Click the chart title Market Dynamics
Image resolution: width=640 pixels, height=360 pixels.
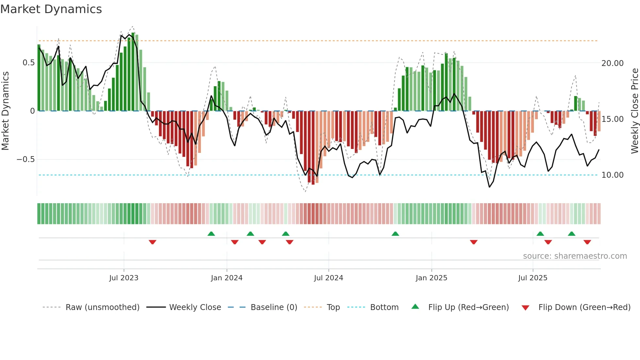(x=51, y=9)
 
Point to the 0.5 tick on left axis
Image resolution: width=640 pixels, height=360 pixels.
(x=28, y=63)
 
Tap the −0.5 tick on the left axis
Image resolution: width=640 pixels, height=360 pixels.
(x=26, y=159)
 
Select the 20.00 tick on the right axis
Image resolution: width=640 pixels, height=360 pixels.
(x=612, y=63)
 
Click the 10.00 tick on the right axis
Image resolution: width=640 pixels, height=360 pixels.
(x=612, y=175)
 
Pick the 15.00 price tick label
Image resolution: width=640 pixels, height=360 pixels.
(x=612, y=119)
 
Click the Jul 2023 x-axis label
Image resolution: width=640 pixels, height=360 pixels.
(x=124, y=278)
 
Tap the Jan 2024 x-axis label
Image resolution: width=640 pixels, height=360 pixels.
(x=227, y=278)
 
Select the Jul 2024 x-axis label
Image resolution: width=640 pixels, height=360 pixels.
(x=328, y=278)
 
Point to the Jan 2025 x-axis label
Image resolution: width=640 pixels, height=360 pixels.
(x=431, y=278)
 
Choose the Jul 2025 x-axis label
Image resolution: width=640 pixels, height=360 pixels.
(x=533, y=278)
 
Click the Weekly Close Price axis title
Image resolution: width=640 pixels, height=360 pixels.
(x=634, y=111)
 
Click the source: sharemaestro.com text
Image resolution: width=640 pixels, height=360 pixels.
(x=575, y=256)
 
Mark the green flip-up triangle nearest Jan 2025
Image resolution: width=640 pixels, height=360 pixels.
(x=395, y=234)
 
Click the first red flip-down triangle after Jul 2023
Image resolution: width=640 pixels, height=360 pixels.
(x=152, y=242)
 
